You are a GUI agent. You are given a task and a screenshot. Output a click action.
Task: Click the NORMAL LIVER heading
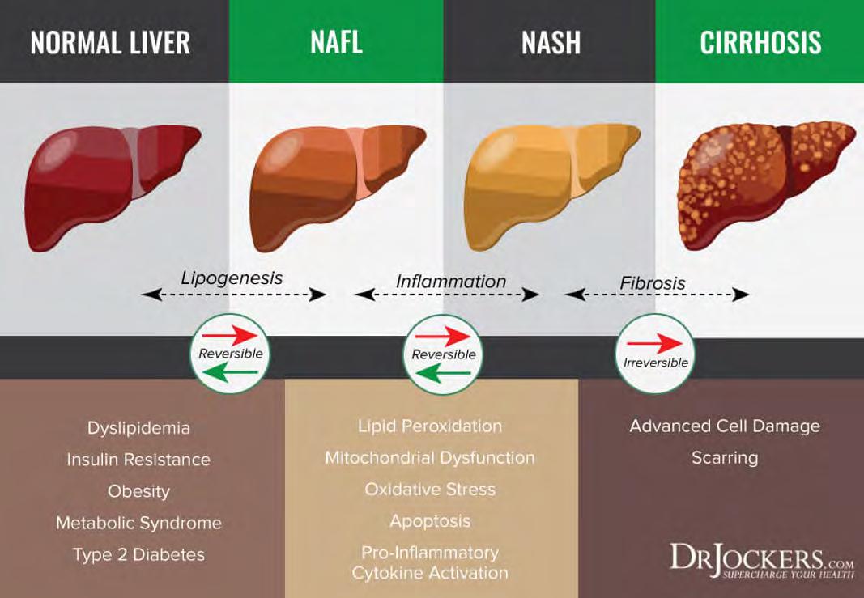coord(110,42)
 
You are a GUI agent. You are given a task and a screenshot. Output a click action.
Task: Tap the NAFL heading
coord(336,42)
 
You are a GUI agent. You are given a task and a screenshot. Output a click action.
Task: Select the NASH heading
coord(551,42)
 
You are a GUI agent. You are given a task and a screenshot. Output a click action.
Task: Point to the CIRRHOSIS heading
coord(760,42)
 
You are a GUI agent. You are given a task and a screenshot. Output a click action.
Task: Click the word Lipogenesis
coord(232,278)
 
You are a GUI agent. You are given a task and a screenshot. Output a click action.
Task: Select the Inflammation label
coord(451,282)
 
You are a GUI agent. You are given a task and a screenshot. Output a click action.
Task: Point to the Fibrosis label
coord(653,284)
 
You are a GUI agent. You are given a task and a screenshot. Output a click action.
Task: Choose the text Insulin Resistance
coord(138,460)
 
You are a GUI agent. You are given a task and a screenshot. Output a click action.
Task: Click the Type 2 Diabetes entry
coord(138,554)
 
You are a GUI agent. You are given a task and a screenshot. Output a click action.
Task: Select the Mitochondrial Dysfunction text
coord(430,458)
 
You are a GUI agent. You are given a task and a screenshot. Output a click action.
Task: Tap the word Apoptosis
coord(430,521)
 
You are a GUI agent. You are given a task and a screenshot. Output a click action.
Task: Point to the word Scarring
coord(725,458)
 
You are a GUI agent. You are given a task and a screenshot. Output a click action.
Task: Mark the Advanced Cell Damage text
coord(725,426)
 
